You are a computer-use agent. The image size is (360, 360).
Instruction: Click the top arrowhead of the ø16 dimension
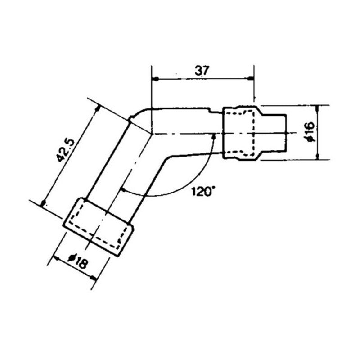click(x=319, y=108)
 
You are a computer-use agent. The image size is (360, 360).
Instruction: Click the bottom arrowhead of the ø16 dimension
click(x=319, y=156)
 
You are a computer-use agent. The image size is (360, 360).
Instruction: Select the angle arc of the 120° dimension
click(x=180, y=191)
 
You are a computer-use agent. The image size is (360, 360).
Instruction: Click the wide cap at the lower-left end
click(x=98, y=227)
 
